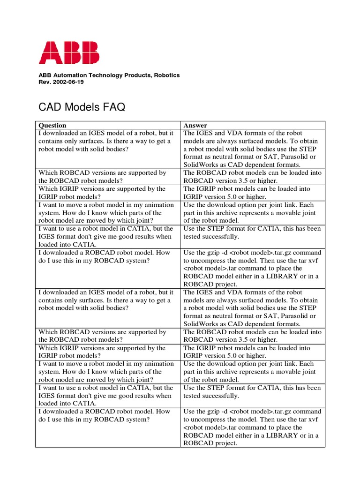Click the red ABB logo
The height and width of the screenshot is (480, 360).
pos(69,52)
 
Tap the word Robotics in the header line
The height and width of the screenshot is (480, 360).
pos(167,75)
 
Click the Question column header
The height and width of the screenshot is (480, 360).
pos(52,125)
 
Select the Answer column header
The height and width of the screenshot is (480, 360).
pos(195,125)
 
